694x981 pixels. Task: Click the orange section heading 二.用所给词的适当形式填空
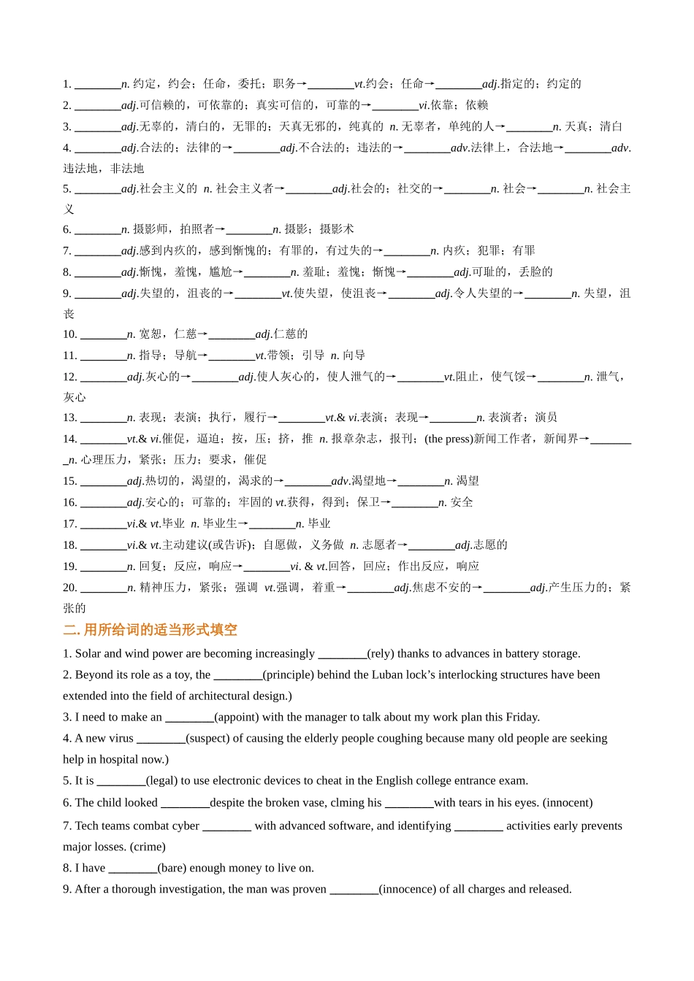pos(150,631)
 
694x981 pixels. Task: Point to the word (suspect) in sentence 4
pos(207,739)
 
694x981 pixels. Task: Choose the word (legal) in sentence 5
pos(162,781)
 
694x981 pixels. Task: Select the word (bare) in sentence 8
pos(173,869)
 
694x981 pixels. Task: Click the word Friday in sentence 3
pos(522,718)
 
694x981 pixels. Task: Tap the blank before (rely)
pos(343,654)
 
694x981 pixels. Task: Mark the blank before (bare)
pos(132,869)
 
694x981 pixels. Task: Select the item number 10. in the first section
pos(70,334)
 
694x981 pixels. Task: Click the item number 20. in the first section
pos(70,588)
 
